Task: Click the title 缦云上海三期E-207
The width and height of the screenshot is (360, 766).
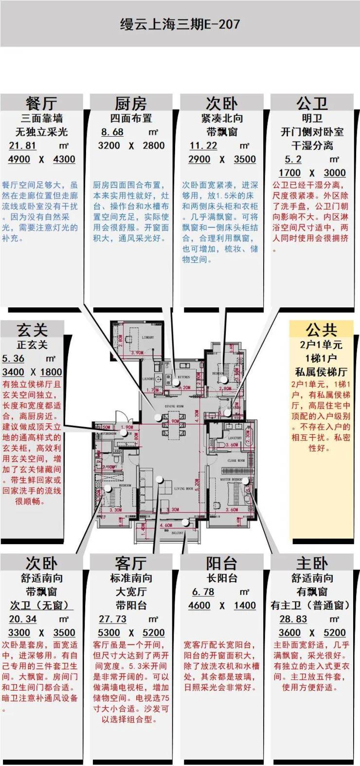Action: click(x=180, y=24)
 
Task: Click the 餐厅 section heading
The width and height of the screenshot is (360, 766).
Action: click(x=41, y=103)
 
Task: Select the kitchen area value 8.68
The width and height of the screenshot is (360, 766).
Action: click(x=112, y=132)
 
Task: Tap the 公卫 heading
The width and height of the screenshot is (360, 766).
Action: click(x=312, y=103)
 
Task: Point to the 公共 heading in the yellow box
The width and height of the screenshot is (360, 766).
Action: click(x=321, y=330)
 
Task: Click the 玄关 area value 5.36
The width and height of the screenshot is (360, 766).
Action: click(x=13, y=358)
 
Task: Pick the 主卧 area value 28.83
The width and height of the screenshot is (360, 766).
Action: click(x=293, y=619)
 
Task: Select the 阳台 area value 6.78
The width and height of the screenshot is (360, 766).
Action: click(x=203, y=591)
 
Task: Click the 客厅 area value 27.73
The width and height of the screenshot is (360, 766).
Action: click(x=112, y=619)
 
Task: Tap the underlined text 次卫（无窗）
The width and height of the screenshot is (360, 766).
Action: click(x=41, y=605)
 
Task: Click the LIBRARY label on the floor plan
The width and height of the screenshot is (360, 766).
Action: click(x=148, y=337)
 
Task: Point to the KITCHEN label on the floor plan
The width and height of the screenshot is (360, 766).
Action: click(x=183, y=377)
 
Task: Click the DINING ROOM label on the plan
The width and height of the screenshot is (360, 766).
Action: click(x=174, y=406)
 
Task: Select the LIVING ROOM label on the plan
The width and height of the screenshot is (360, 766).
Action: click(x=183, y=488)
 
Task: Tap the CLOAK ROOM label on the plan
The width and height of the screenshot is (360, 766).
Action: click(x=236, y=460)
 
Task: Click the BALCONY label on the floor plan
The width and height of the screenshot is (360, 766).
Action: click(x=178, y=533)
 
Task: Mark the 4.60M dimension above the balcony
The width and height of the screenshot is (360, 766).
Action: click(x=166, y=525)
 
